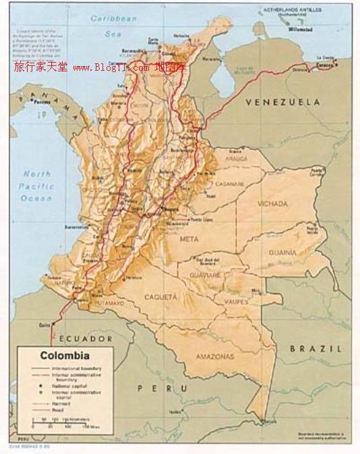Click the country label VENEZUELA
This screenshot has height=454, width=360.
click(x=282, y=102)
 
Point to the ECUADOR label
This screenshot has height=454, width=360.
click(x=86, y=338)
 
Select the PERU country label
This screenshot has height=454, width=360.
click(x=162, y=388)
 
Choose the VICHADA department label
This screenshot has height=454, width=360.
click(x=272, y=203)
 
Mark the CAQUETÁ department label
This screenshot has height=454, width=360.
click(x=160, y=296)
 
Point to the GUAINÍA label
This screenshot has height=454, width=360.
click(x=282, y=252)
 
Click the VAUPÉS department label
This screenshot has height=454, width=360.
click(x=236, y=302)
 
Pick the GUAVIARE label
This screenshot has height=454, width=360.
click(x=205, y=275)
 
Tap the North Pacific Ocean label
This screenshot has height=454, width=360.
click(x=36, y=186)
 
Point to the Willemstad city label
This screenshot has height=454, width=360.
click(x=301, y=30)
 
